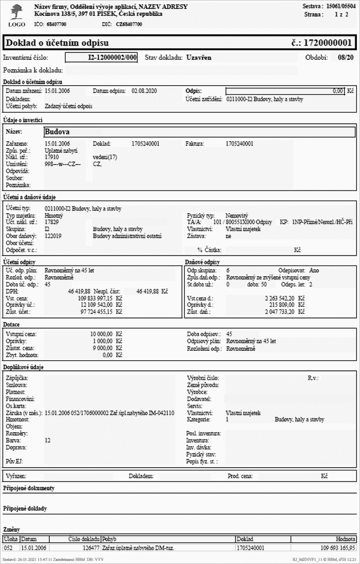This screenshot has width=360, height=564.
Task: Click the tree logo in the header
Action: [x=16, y=11]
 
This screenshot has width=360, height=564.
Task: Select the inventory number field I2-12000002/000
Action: [x=102, y=58]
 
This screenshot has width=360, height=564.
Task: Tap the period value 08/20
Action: [x=345, y=58]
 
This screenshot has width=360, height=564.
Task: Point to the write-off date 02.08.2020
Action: [x=141, y=91]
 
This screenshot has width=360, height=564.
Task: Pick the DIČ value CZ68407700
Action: [x=129, y=24]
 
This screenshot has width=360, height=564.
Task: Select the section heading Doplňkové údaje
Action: [x=23, y=367]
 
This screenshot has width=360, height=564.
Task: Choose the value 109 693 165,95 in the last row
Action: [x=334, y=548]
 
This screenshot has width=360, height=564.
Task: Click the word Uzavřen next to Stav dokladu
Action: [x=200, y=58]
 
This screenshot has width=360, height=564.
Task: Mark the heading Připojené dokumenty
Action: [x=29, y=488]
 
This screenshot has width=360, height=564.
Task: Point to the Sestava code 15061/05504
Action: [x=340, y=6]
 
